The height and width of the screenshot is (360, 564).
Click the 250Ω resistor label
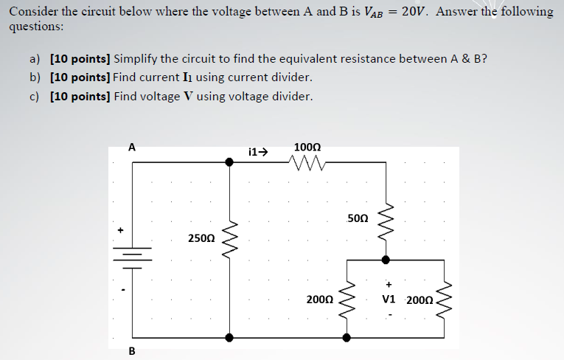pos(201,238)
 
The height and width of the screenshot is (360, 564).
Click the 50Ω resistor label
pos(357,218)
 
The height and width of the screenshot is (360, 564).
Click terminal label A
pos(132,147)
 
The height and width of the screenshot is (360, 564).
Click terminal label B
pos(132,350)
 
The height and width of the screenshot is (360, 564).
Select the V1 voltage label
pos(389,300)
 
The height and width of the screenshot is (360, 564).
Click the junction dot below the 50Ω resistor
pos(386,260)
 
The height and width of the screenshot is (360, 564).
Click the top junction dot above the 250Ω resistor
pos(229,162)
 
